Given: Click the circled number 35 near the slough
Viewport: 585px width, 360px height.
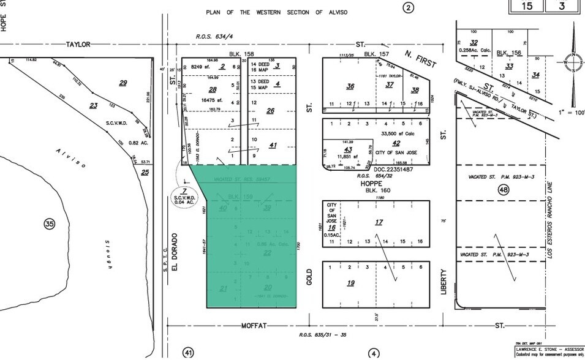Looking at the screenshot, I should point(49,224).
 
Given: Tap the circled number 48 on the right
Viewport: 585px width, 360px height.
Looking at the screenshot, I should point(504,190).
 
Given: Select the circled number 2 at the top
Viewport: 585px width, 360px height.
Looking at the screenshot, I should point(408,8).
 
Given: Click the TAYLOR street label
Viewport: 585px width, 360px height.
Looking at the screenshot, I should point(78,45).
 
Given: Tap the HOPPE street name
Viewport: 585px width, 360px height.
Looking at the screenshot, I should point(371,184).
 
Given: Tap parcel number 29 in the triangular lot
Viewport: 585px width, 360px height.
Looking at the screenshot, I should point(123,83).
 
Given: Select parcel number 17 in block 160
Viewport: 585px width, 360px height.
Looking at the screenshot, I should point(379,222).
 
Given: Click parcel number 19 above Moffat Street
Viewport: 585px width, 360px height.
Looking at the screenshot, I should point(350,283).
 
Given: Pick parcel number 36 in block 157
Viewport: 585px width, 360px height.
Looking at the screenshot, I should point(350,86).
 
